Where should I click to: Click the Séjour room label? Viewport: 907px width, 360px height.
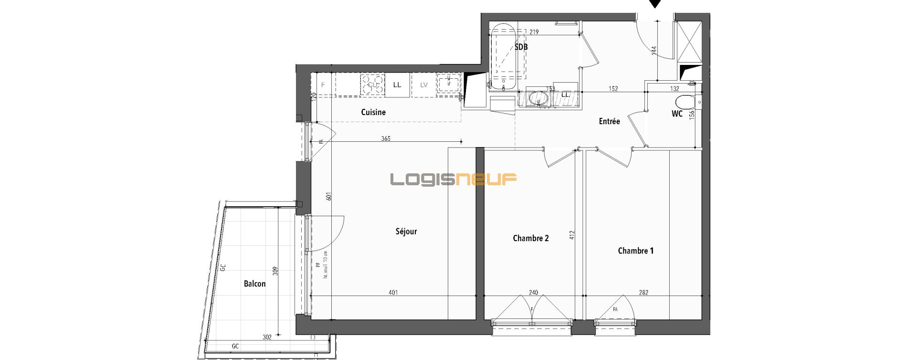(x=406, y=232)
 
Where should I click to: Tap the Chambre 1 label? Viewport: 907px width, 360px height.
(x=635, y=251)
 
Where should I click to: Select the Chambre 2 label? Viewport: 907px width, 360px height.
(x=530, y=238)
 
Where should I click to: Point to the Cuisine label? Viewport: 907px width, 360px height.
(x=373, y=112)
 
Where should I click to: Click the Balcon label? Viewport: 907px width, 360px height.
(x=254, y=284)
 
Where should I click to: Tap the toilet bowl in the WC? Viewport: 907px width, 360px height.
(x=685, y=102)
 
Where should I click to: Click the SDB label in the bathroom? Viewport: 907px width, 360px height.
(x=521, y=47)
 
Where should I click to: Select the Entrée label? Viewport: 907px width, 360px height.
(x=609, y=121)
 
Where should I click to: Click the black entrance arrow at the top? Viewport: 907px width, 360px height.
(x=655, y=3)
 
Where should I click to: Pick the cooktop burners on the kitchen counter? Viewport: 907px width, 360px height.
(x=372, y=85)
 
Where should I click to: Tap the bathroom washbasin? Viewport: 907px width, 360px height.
(x=539, y=99)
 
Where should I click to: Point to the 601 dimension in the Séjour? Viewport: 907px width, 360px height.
(x=328, y=196)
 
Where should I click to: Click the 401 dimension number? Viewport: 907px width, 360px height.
(x=393, y=293)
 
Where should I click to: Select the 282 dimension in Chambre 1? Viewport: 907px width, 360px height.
(x=643, y=293)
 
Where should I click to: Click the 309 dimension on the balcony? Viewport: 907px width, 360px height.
(x=274, y=271)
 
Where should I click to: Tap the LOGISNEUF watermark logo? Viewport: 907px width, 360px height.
(x=453, y=179)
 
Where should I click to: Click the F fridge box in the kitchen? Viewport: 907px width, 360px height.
(x=323, y=85)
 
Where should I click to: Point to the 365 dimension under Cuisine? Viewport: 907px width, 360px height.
(x=386, y=138)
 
